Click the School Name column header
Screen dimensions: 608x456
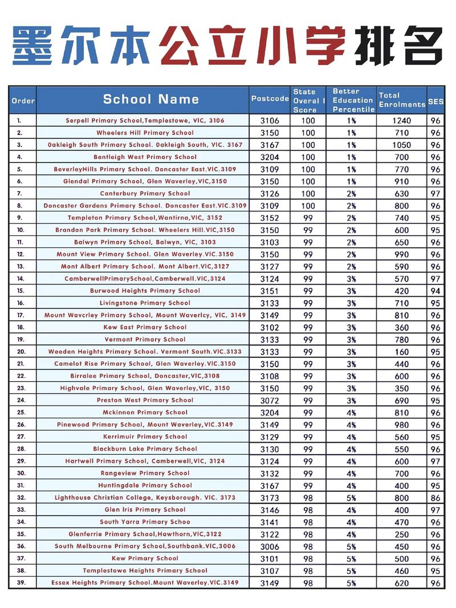[x=151, y=99]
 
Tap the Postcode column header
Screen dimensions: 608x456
[x=270, y=99]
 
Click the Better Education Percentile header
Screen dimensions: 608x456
[x=353, y=100]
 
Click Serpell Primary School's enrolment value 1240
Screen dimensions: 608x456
[x=401, y=121]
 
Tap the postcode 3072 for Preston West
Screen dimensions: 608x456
[x=270, y=401]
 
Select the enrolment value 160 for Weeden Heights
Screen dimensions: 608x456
[x=401, y=352]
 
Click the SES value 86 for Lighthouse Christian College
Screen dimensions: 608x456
[x=435, y=498]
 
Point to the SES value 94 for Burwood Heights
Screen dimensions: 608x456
[x=435, y=291]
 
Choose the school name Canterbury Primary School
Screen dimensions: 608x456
[x=145, y=194]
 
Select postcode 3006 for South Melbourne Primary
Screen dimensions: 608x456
[x=270, y=546]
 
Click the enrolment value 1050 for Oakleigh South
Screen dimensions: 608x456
[x=401, y=145]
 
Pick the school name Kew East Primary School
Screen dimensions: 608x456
[x=145, y=328]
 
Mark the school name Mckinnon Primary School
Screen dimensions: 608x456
[x=145, y=413]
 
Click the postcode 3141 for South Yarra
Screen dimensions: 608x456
[x=270, y=522]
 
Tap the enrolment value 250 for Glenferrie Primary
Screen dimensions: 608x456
[x=401, y=534]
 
